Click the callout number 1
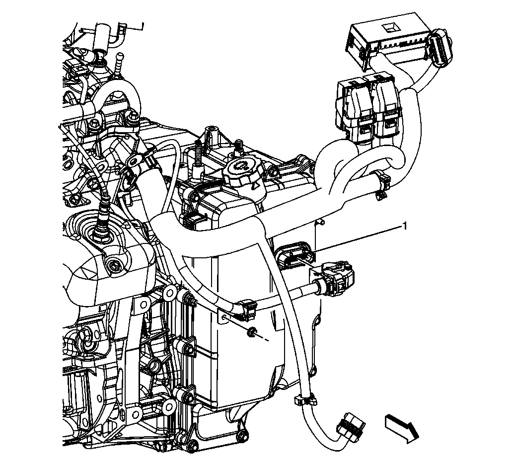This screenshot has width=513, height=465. pyautogui.click(x=405, y=227)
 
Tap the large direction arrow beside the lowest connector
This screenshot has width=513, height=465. pyautogui.click(x=402, y=428)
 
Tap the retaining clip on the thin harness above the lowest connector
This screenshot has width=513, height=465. pyautogui.click(x=304, y=399)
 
